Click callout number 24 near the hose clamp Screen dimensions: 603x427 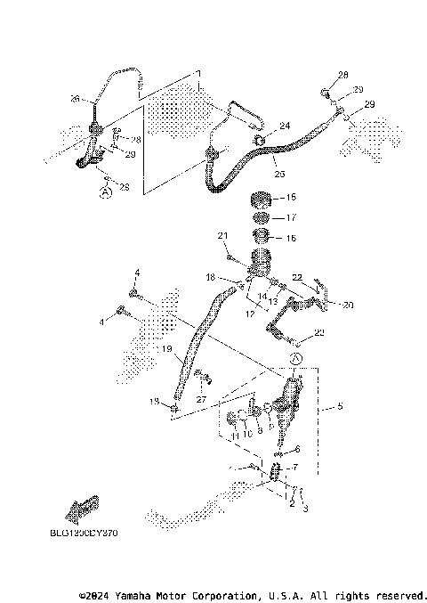285,126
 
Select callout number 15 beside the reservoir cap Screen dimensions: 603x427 290,197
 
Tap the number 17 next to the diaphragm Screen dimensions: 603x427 290,217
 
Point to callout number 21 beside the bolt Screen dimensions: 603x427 223,235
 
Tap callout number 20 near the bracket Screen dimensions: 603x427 348,305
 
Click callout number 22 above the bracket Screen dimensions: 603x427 298,277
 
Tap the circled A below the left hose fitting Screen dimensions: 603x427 105,191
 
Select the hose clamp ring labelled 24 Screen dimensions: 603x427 260,139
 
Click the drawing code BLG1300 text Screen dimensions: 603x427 85,534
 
